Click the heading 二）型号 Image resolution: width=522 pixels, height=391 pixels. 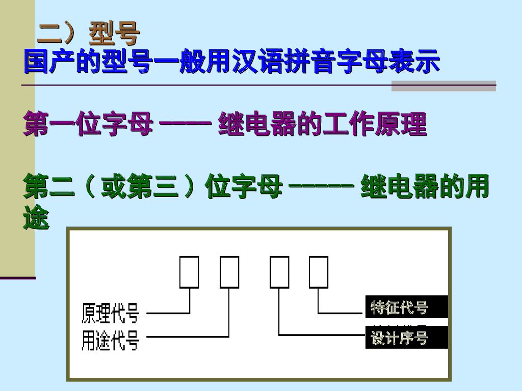[x=89, y=34]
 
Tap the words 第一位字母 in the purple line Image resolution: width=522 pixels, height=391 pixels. [x=88, y=125]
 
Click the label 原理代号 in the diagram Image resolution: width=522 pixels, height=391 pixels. [x=110, y=313]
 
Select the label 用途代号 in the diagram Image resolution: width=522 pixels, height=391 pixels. [x=110, y=340]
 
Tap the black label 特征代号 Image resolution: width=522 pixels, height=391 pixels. [x=400, y=308]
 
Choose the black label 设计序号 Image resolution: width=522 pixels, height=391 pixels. [x=400, y=338]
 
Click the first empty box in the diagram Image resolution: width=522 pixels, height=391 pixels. [x=189, y=272]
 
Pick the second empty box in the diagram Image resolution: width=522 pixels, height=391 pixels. [x=229, y=272]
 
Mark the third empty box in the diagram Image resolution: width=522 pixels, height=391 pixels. [x=279, y=272]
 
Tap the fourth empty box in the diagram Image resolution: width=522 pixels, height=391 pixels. [x=319, y=272]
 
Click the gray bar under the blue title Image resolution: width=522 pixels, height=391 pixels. [x=443, y=86]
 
